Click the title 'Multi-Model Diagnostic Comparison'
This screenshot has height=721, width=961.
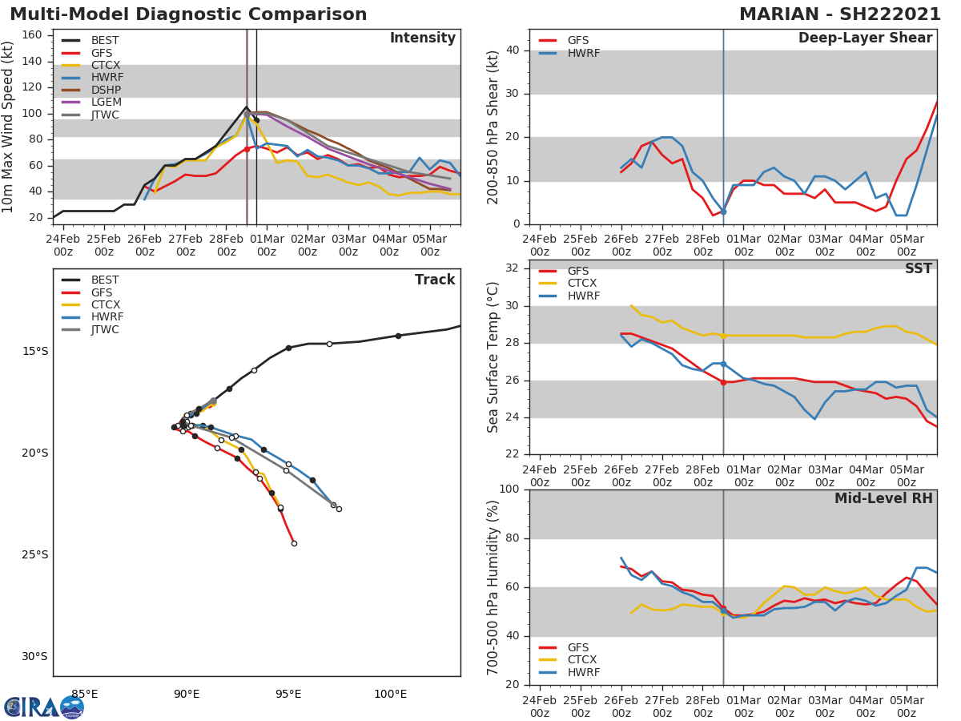coord(188,14)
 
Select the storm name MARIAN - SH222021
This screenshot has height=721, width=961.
coord(840,14)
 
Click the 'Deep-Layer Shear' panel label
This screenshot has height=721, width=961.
coord(865,38)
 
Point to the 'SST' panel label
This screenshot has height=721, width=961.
coord(918,269)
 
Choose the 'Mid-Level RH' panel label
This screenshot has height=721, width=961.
coord(883,498)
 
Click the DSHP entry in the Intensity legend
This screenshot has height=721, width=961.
coord(106,90)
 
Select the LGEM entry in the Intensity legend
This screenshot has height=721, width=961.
coord(106,103)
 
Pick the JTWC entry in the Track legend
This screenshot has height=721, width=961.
coord(106,329)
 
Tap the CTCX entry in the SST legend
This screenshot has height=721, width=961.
coord(582,284)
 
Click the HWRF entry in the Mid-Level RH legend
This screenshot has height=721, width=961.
coord(583,672)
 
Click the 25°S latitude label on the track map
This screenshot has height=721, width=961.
coord(35,554)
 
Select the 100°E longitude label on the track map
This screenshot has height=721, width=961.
coord(390,694)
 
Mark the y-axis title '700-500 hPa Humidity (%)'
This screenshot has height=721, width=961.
coord(493,587)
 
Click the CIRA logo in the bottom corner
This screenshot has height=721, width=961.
coord(44,707)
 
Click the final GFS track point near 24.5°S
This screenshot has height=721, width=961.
coord(294,543)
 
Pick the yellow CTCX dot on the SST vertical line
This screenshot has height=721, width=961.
coord(723,336)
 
